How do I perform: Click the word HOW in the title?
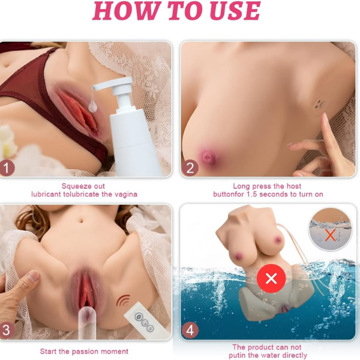(x=126, y=10)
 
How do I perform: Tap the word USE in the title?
(x=236, y=10)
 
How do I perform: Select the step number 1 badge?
(x=6, y=168)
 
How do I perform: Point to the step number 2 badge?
(x=190, y=168)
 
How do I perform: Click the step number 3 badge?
(x=6, y=330)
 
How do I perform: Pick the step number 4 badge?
(x=190, y=330)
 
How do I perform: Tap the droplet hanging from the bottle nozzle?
(x=92, y=107)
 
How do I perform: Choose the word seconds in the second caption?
(x=274, y=194)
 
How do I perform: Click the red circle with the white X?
(x=271, y=278)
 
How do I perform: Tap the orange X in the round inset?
(x=331, y=235)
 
